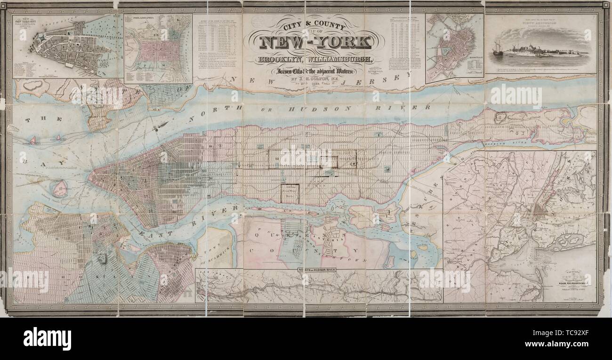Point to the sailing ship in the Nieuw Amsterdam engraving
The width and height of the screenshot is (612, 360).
point(498,49)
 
